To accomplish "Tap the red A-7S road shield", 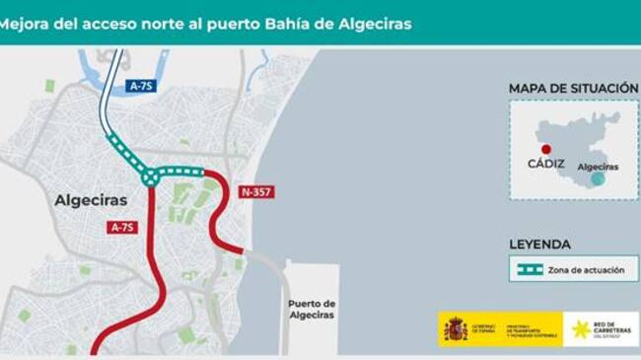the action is click(121, 228).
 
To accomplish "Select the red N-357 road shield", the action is click(256, 191).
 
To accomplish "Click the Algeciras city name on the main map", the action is click(91, 200).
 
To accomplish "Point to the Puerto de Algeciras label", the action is click(312, 309).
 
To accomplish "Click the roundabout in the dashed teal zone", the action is click(150, 177).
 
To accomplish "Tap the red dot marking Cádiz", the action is click(546, 149).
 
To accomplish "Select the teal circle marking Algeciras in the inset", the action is click(597, 179).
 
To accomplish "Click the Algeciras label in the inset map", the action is click(598, 168).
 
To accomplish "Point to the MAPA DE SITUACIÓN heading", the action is click(573, 89).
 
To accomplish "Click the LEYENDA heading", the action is click(539, 245).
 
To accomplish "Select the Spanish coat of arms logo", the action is click(455, 328).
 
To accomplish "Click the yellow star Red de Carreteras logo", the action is click(580, 329).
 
